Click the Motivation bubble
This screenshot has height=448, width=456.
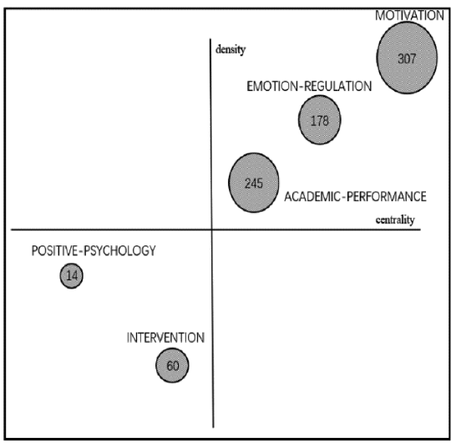407,58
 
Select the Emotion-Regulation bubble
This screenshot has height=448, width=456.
320,119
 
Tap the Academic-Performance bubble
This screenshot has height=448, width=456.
254,183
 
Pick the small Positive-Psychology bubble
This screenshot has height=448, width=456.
72,275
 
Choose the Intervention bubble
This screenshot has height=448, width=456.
172,365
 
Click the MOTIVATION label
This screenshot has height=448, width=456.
409,15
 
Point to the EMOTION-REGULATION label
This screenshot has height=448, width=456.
309,86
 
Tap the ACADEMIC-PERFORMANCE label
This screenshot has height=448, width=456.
355,197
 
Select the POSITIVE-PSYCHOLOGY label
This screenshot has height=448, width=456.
94,251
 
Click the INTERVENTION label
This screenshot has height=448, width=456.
165,338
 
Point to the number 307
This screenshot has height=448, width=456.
407,59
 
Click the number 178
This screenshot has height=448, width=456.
320,121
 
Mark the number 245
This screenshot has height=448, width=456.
254,184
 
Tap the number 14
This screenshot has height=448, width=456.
72,275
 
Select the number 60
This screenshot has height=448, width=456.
172,365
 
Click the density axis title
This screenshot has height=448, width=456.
231,50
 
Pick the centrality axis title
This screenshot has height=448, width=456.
395,219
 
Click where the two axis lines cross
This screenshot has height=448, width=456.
212,229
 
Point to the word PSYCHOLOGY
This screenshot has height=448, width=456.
119,251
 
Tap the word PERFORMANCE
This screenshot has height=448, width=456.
387,197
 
